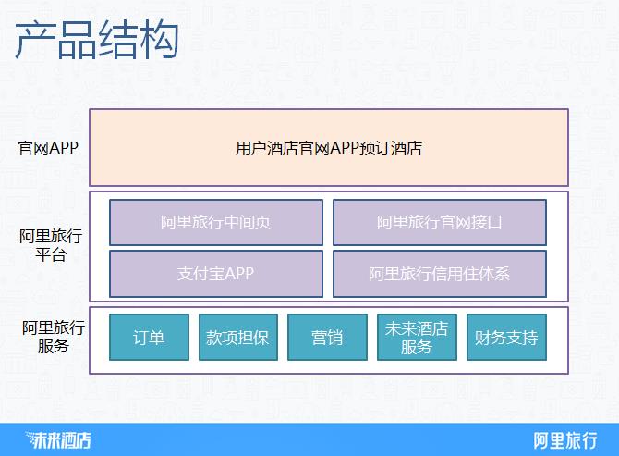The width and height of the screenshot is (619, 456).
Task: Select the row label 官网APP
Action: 49,148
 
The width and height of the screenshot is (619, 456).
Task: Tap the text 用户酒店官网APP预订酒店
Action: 329,148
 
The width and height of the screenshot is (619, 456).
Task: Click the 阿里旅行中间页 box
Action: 216,222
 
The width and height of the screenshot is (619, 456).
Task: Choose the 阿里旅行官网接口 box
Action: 439,222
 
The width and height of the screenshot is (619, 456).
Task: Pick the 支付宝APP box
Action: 216,274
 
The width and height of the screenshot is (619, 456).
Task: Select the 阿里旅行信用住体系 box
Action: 439,274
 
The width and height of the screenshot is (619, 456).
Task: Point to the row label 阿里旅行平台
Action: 51,245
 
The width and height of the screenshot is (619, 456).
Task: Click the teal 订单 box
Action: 149,338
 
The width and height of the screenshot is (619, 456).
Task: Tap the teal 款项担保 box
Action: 237,338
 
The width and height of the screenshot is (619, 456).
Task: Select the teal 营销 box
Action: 327,338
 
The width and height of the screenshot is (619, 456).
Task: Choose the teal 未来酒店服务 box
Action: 417,338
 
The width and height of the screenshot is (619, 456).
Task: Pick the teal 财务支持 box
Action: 505,338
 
